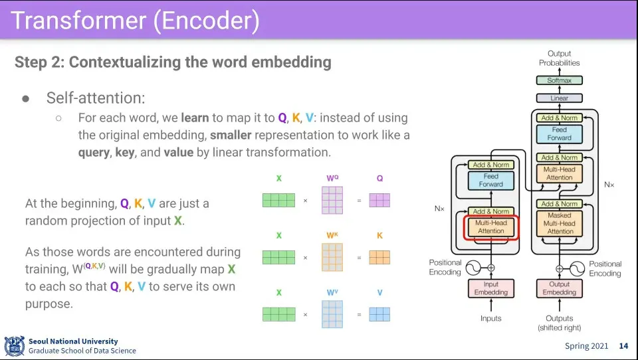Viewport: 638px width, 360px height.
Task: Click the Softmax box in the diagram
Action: point(560,80)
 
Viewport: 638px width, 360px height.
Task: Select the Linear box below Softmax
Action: point(560,98)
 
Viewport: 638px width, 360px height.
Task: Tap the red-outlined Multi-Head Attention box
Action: point(491,227)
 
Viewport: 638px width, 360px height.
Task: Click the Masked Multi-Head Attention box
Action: point(560,223)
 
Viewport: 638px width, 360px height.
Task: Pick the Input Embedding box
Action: point(491,288)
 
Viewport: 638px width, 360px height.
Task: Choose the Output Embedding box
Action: point(560,288)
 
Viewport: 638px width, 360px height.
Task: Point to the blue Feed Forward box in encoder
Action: point(491,180)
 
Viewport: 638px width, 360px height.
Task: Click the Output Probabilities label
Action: point(560,58)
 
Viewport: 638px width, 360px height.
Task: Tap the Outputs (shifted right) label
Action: point(560,323)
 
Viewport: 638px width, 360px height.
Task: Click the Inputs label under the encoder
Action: point(491,319)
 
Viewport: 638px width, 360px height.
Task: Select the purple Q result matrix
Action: point(379,200)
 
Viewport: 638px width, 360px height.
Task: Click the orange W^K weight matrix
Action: point(332,257)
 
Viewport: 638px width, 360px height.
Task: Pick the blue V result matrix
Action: point(379,314)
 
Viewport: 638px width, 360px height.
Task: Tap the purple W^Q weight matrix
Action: point(332,200)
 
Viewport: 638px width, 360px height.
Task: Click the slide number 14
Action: point(623,346)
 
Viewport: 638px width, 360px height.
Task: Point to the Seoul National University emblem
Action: point(14,346)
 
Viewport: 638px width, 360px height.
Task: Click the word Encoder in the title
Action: point(206,21)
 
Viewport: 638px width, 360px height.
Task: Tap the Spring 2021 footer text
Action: point(586,346)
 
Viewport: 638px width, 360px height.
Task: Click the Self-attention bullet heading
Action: point(96,98)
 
